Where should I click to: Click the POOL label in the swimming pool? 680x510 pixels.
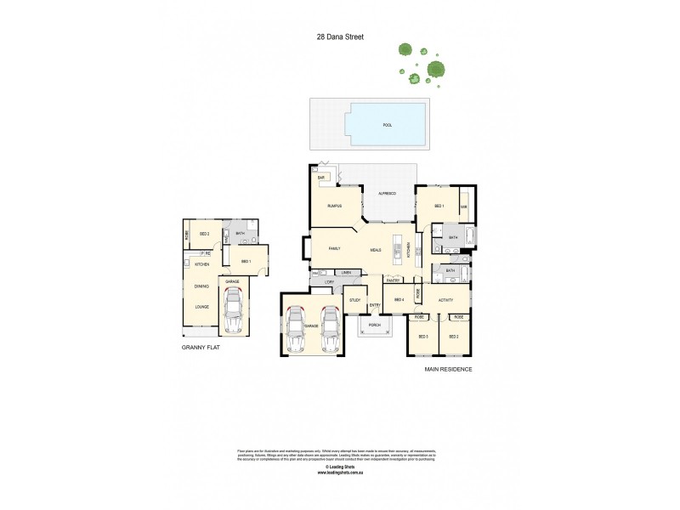[387, 125]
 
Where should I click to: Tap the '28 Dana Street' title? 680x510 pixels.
[339, 37]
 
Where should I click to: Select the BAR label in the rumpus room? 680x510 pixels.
[323, 177]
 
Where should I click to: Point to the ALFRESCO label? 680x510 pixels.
[387, 195]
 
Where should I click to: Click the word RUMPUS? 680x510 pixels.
[334, 207]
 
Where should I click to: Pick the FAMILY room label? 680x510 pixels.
[334, 249]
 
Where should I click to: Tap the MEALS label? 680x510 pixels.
[376, 250]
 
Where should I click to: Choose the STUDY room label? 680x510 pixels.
[354, 300]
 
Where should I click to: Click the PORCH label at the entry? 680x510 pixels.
[374, 325]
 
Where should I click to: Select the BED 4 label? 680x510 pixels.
[398, 300]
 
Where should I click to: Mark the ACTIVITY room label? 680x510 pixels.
[445, 300]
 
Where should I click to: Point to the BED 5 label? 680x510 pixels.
[422, 337]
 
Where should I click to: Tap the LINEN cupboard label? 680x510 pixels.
[347, 272]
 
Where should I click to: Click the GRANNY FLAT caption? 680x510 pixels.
[201, 348]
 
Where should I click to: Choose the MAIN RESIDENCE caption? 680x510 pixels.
[448, 370]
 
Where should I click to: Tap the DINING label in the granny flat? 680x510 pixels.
[201, 286]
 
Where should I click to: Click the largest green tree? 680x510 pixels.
[436, 69]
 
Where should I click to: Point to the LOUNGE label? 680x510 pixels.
[201, 307]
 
